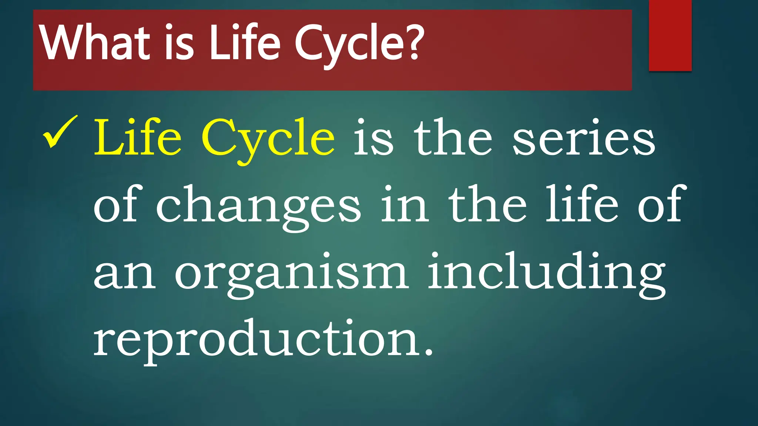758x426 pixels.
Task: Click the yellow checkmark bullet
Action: pos(60,132)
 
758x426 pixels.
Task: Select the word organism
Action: pos(291,274)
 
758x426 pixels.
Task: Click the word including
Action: pos(546,274)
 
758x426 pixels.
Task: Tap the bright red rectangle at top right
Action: pos(670,35)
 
